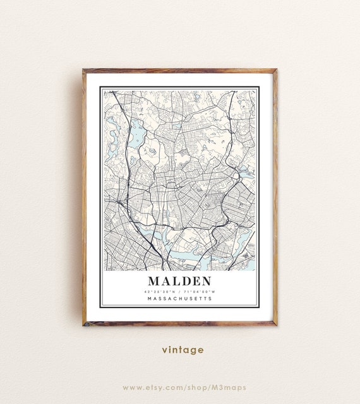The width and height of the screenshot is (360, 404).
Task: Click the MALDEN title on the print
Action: [x=179, y=280]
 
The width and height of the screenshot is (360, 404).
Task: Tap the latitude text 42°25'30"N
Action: [x=159, y=291]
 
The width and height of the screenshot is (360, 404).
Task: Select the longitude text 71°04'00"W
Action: [x=201, y=291]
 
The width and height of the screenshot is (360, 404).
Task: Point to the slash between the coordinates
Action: [x=180, y=291]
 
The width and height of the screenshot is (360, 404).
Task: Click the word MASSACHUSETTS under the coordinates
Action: [x=179, y=299]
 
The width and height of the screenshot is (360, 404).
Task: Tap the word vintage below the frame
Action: [x=183, y=350]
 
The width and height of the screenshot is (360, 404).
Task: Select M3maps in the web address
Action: [x=229, y=387]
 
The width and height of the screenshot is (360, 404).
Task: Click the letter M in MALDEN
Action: [x=154, y=280]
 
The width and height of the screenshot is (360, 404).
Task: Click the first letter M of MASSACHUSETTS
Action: [x=149, y=299]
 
